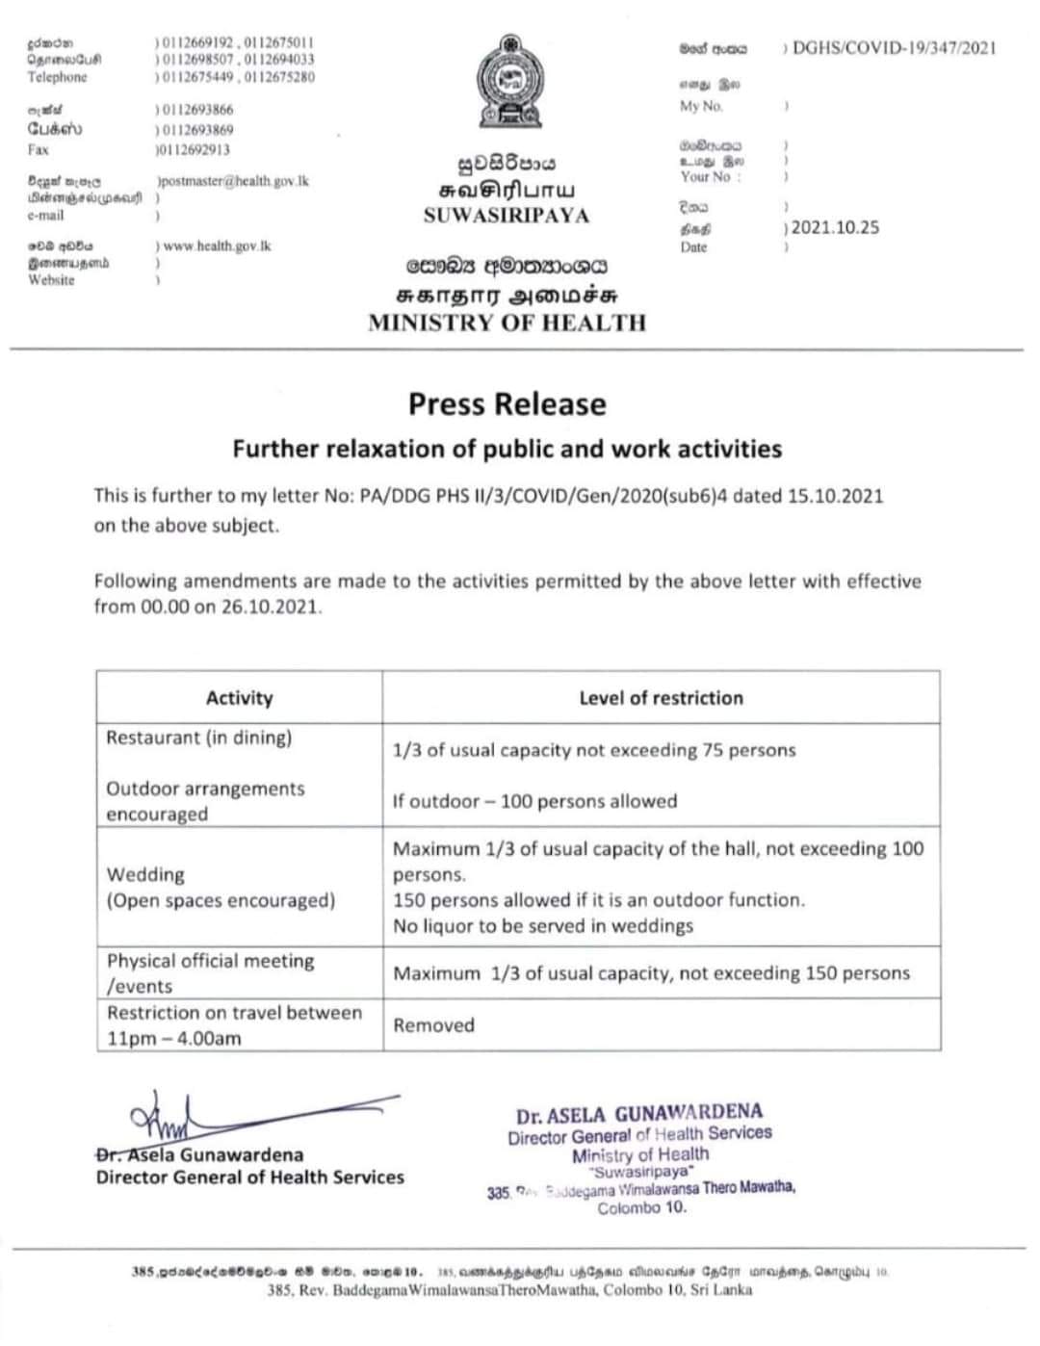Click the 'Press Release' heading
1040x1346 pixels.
click(x=507, y=404)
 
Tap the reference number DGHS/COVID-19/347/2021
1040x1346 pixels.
click(x=894, y=48)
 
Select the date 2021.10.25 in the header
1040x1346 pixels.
click(x=835, y=228)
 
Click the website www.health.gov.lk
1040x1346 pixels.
click(x=218, y=246)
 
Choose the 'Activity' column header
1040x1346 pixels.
click(x=239, y=698)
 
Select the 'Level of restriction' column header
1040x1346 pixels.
click(x=661, y=698)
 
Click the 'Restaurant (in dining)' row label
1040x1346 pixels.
click(x=198, y=738)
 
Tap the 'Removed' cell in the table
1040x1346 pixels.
click(x=433, y=1025)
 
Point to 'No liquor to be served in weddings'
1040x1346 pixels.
click(x=543, y=926)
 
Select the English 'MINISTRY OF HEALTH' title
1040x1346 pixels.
click(x=507, y=323)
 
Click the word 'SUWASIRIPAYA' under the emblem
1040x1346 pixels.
click(x=507, y=216)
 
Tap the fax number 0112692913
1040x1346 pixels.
click(x=194, y=150)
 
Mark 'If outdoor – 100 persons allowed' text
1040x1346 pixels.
click(x=534, y=801)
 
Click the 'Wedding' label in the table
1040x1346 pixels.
click(x=145, y=874)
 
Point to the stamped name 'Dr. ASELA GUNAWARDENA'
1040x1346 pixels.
click(x=639, y=1115)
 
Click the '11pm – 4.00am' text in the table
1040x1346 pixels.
click(x=174, y=1039)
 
